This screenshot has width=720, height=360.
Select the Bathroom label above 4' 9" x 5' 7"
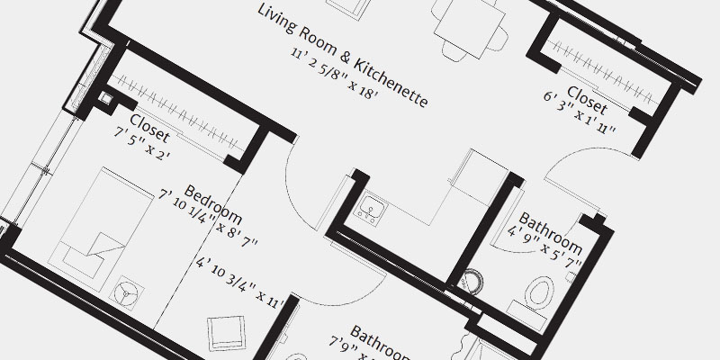point(550,232)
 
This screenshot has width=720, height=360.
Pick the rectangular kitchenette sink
point(371,208)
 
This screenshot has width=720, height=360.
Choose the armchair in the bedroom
point(225,334)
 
